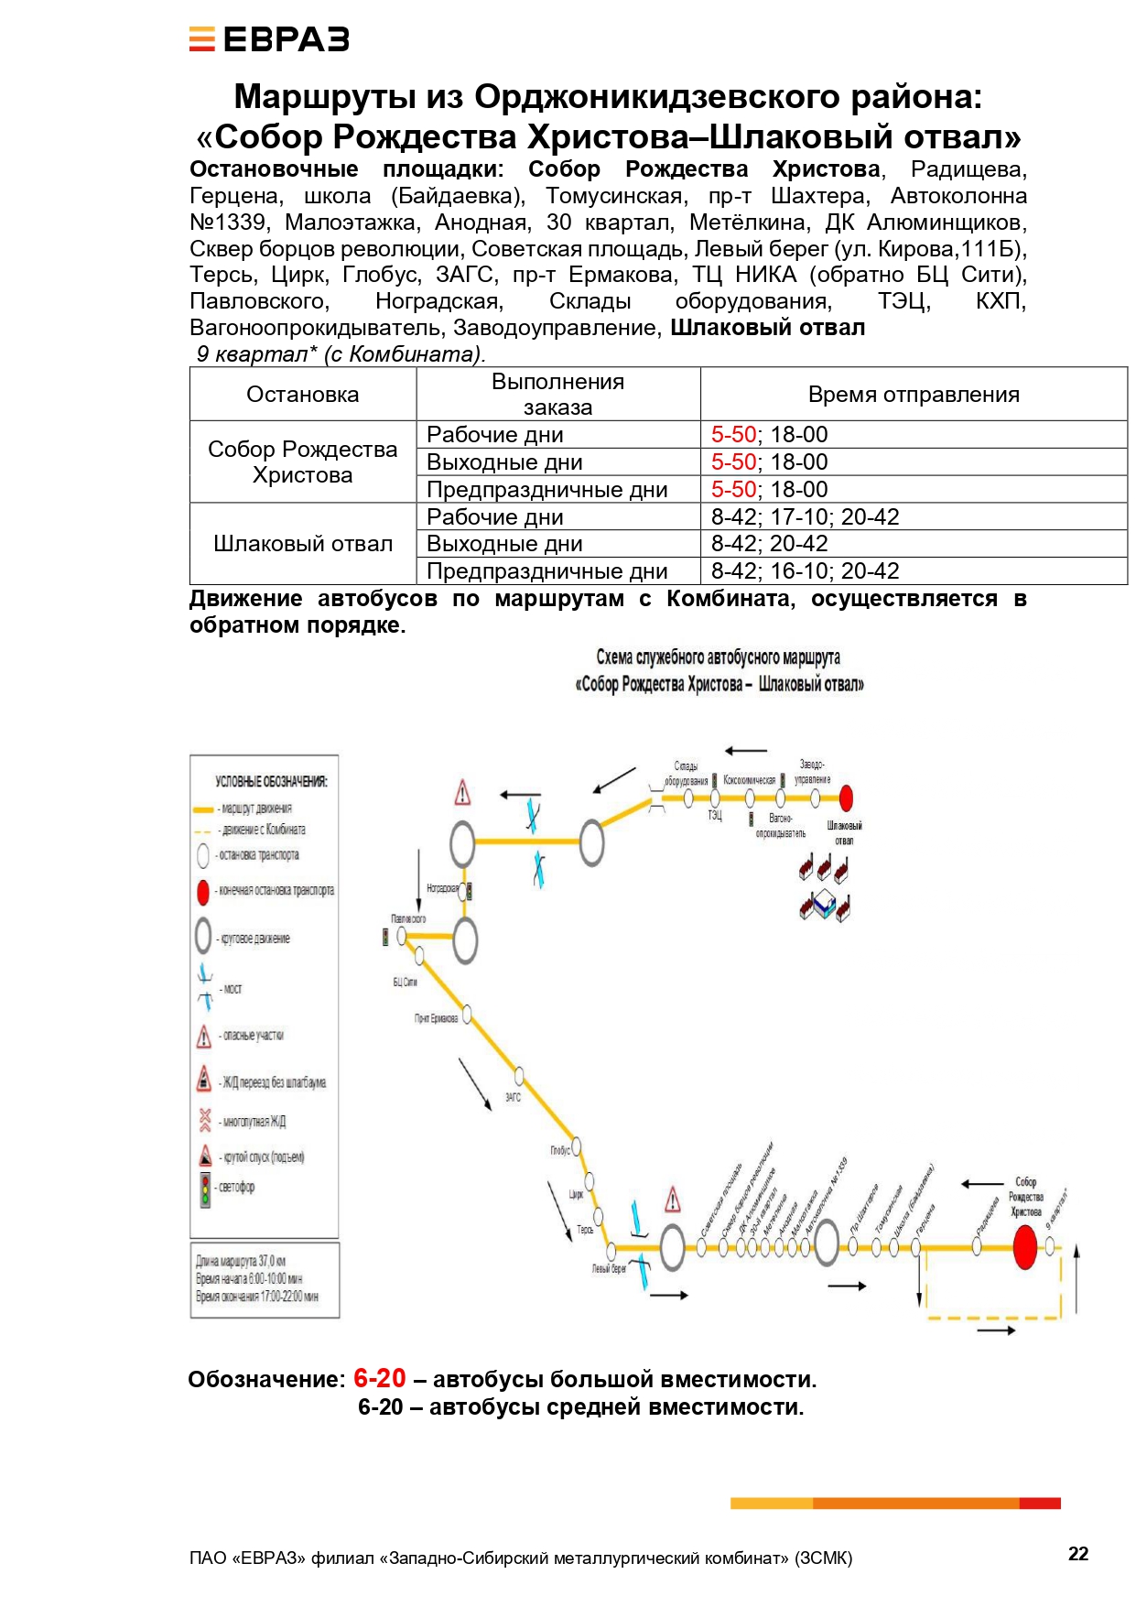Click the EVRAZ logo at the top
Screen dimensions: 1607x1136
point(269,39)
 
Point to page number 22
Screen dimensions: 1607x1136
point(1078,1553)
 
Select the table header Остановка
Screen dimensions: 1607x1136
point(302,395)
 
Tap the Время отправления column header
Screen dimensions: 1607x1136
point(913,395)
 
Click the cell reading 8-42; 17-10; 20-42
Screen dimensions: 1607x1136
point(805,516)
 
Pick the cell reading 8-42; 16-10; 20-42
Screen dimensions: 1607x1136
point(805,571)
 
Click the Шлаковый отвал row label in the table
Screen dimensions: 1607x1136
point(302,544)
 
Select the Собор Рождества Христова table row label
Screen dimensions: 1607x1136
point(302,461)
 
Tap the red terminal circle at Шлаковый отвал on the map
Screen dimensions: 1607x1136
point(846,798)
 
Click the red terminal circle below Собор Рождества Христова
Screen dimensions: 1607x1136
point(1024,1247)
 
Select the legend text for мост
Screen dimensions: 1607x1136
point(233,989)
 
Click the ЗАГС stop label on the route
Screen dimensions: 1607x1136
point(513,1097)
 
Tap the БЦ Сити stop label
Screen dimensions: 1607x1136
point(405,982)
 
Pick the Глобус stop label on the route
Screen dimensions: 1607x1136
point(559,1150)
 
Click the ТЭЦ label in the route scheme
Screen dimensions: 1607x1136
point(714,815)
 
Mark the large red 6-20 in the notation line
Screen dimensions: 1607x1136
point(379,1378)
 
